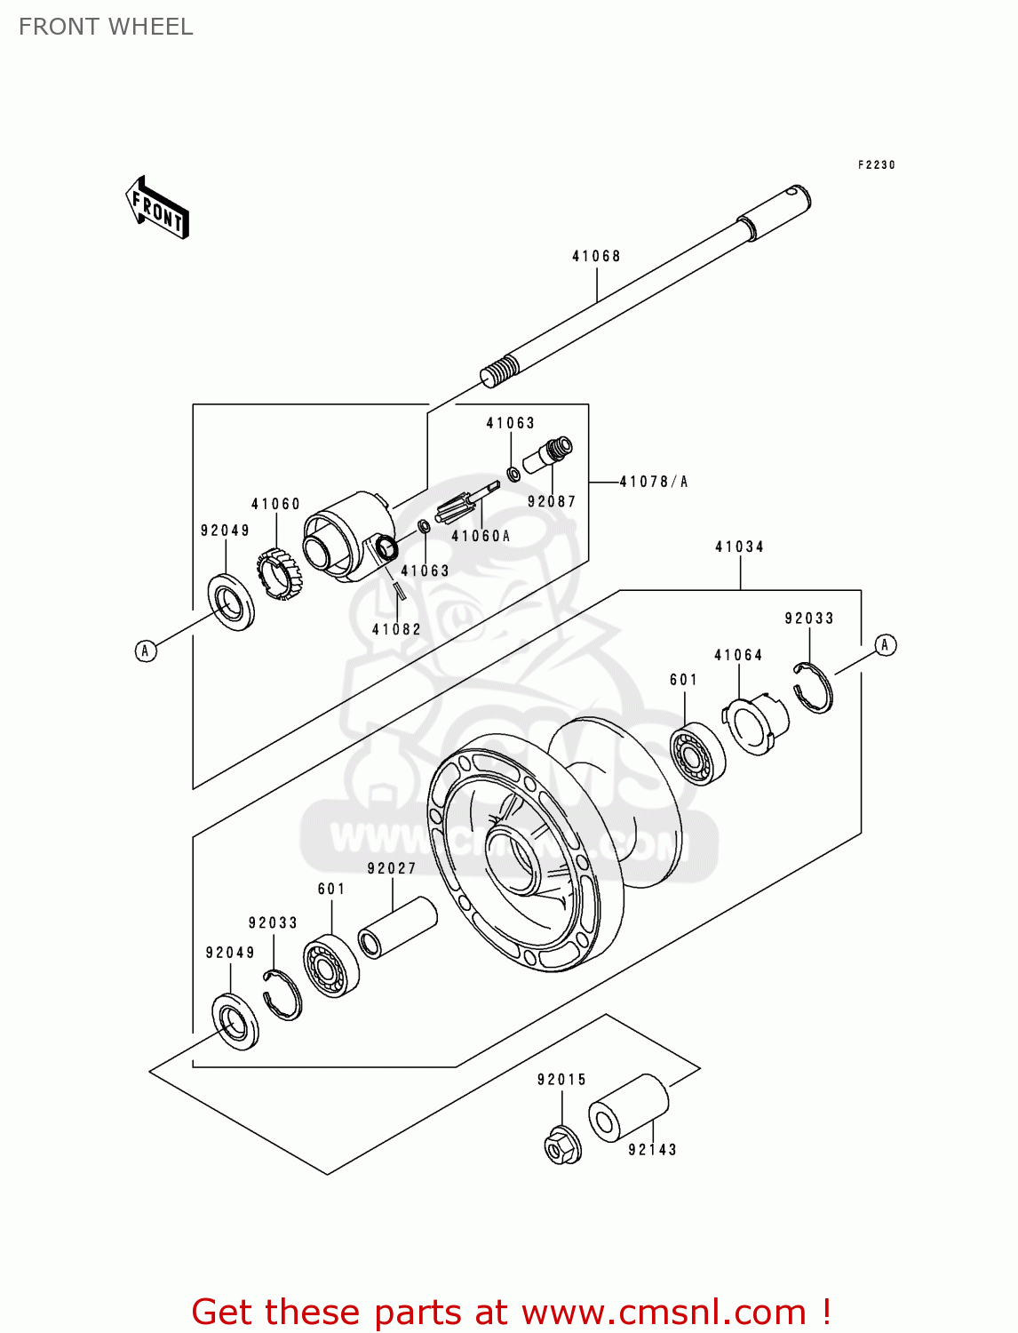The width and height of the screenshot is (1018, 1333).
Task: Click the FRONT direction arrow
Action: (156, 207)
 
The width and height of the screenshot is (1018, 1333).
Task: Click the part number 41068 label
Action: (595, 256)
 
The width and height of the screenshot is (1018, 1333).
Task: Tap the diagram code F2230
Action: (876, 164)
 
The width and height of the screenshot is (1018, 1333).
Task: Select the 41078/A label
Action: (653, 482)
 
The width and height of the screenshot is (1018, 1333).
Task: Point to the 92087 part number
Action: (551, 501)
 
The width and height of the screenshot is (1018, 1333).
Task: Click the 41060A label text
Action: (481, 535)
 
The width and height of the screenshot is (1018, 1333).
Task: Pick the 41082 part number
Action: (396, 629)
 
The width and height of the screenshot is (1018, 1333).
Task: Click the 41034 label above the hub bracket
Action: (739, 547)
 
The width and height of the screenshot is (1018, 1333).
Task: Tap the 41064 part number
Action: (738, 655)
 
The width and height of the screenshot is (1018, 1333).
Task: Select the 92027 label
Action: (392, 868)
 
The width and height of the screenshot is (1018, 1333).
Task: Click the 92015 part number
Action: (561, 1079)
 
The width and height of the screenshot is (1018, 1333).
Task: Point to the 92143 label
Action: (652, 1149)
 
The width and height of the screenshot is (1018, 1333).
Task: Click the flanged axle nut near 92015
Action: (562, 1145)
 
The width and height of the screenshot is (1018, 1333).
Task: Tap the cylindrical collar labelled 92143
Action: (628, 1108)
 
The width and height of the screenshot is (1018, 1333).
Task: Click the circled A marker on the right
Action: (885, 644)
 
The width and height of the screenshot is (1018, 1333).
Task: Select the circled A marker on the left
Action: (146, 651)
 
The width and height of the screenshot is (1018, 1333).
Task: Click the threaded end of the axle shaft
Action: (499, 371)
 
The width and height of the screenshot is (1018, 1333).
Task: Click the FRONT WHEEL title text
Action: (106, 27)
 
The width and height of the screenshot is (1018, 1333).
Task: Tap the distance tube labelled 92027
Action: (398, 928)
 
